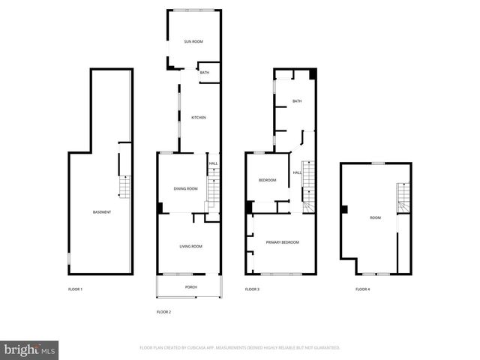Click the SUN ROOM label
(x=193, y=41)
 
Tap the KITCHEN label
(x=199, y=118)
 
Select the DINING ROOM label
(x=185, y=188)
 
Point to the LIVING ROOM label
(x=190, y=247)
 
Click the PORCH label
(x=191, y=287)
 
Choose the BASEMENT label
(x=102, y=212)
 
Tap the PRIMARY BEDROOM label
(x=283, y=242)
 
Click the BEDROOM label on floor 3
(x=268, y=180)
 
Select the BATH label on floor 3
(x=297, y=101)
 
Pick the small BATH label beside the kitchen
(x=205, y=73)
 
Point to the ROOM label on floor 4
(x=375, y=217)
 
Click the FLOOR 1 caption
(x=75, y=289)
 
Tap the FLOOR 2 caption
(x=163, y=311)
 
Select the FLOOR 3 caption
(x=252, y=289)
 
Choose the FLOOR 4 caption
(x=362, y=289)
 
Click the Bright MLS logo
(x=30, y=349)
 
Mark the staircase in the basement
(x=125, y=187)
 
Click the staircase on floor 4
(x=403, y=196)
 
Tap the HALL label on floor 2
(x=213, y=163)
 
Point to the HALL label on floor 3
(x=297, y=173)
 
